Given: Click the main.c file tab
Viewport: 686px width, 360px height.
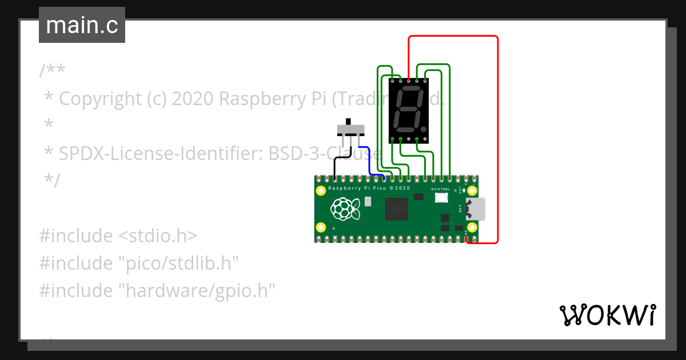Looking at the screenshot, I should tap(82, 26).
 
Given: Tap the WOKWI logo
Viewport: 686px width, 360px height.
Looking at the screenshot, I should tap(607, 315).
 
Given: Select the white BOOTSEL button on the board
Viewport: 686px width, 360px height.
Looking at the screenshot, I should tap(441, 198).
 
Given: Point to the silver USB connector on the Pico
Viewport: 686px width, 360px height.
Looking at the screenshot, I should tap(476, 209).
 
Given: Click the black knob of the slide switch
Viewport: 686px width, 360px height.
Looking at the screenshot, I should tap(348, 123).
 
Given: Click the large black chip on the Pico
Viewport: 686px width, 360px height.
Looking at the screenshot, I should tap(396, 209).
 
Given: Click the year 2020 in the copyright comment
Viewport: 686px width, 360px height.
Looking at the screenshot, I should tap(192, 99).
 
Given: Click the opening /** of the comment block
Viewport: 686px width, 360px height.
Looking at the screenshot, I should tap(52, 71).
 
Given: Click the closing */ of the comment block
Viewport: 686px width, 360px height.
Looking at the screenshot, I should tap(51, 181).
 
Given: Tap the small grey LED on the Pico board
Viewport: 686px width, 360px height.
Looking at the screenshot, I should tap(368, 201).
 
